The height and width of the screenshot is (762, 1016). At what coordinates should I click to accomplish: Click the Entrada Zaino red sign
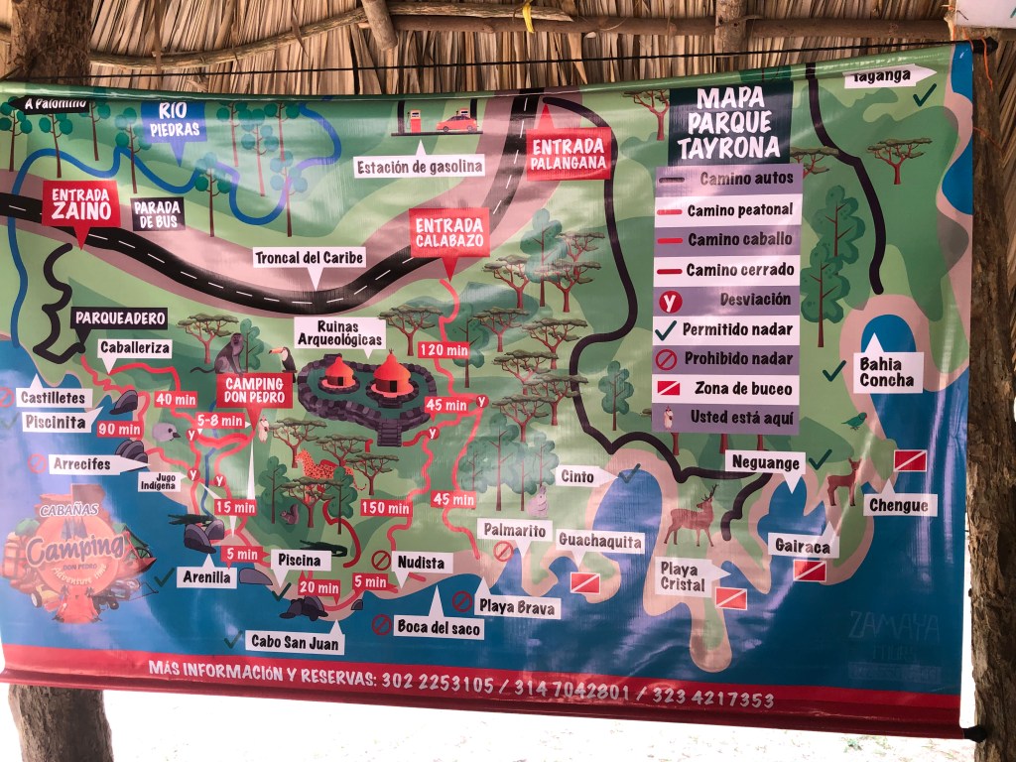pyautogui.click(x=80, y=203)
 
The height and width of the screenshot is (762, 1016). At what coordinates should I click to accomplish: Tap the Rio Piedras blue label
pyautogui.click(x=173, y=119)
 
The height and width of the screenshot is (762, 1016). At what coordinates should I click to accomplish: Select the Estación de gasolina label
pyautogui.click(x=420, y=166)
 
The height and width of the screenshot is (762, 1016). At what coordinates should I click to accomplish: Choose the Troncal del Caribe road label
pyautogui.click(x=310, y=257)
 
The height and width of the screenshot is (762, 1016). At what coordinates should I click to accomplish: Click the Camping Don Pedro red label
pyautogui.click(x=255, y=390)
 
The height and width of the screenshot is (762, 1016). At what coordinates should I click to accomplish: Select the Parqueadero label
pyautogui.click(x=119, y=318)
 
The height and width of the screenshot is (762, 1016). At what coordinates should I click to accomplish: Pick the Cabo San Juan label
pyautogui.click(x=295, y=642)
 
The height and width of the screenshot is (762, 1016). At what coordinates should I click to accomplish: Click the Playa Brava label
pyautogui.click(x=517, y=605)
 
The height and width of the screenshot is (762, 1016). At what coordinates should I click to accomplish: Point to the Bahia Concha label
pyautogui.click(x=887, y=372)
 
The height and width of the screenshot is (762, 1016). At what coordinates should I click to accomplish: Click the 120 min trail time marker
pyautogui.click(x=443, y=349)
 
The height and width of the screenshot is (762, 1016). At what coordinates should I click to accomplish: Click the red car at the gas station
pyautogui.click(x=456, y=123)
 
